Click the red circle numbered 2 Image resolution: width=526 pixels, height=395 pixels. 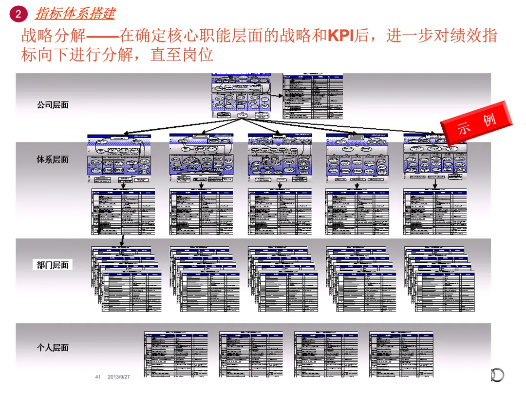click(18, 14)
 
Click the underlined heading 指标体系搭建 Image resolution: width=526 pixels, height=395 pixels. click(75, 13)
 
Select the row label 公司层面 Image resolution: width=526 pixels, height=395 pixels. click(53, 105)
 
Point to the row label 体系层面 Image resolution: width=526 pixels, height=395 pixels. click(53, 159)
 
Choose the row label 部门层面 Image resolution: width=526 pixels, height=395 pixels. click(53, 265)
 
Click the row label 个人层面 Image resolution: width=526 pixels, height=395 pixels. click(53, 348)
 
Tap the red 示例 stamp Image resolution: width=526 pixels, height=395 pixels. click(477, 124)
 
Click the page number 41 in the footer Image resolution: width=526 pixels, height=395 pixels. click(97, 377)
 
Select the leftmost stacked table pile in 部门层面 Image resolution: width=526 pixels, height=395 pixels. click(127, 279)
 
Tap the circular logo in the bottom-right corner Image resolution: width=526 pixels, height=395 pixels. click(497, 375)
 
